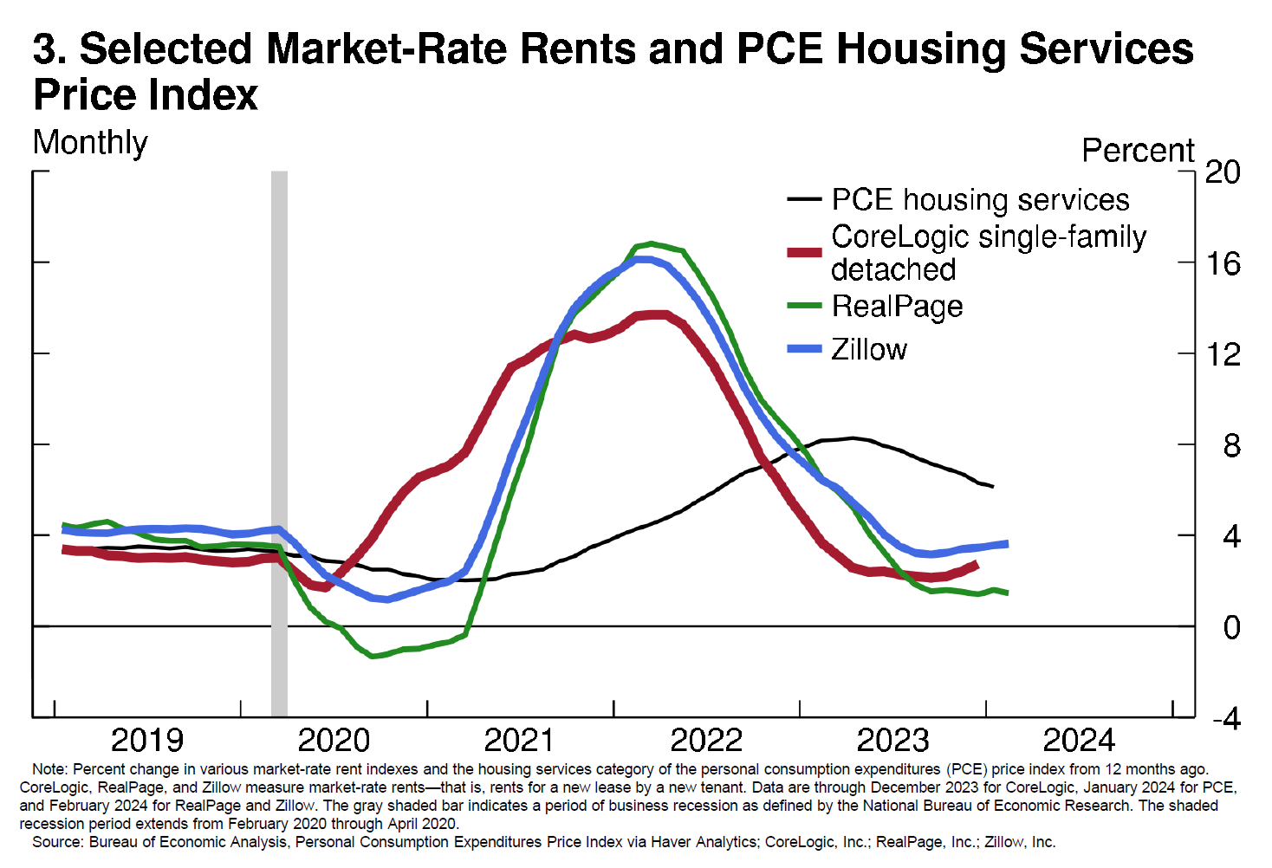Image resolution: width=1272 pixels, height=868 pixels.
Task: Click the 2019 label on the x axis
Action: [x=147, y=741]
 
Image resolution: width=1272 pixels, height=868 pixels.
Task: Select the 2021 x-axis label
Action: [x=519, y=741]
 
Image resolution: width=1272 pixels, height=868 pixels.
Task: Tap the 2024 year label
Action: [x=1079, y=741]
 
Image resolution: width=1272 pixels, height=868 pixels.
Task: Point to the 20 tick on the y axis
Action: [x=1223, y=172]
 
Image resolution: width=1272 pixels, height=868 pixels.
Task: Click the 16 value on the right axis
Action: [x=1223, y=263]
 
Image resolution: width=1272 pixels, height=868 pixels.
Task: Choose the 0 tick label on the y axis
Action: [x=1231, y=627]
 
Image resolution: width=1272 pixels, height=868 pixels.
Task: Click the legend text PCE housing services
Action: [x=980, y=200]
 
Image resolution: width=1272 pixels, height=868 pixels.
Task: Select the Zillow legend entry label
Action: [x=869, y=349]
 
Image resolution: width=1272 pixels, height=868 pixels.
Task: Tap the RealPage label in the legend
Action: [x=897, y=306]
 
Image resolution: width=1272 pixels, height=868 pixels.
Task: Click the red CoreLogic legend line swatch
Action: [x=804, y=252]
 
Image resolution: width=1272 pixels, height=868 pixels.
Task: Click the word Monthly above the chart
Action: [x=90, y=143]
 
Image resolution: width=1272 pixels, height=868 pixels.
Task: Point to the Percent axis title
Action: [x=1138, y=151]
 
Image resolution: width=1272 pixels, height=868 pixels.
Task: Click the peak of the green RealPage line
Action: [x=651, y=244]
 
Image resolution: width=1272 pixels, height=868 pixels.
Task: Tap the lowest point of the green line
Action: [x=373, y=656]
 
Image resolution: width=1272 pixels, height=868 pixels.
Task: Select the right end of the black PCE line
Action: [x=992, y=487]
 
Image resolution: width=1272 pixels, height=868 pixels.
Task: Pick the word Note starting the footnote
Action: [x=49, y=769]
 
